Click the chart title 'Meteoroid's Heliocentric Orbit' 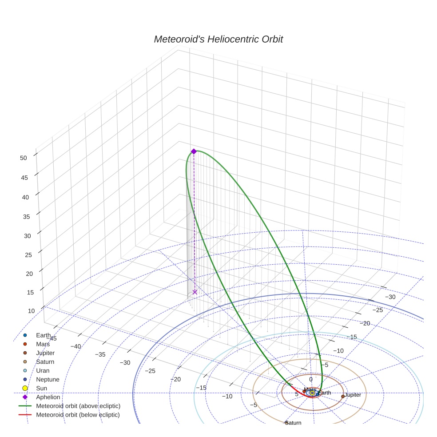[218, 39]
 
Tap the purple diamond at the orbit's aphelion [194, 151]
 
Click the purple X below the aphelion [195, 292]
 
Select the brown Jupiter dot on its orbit [343, 396]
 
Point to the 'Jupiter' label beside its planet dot [353, 395]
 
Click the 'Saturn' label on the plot [294, 423]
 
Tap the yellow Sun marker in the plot [312, 393]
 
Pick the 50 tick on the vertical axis [24, 158]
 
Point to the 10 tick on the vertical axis [31, 311]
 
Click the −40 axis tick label [76, 346]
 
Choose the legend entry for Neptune [48, 379]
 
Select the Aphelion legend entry [48, 397]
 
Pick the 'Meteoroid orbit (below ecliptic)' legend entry [78, 415]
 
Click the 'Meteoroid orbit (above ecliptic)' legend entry [78, 406]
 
